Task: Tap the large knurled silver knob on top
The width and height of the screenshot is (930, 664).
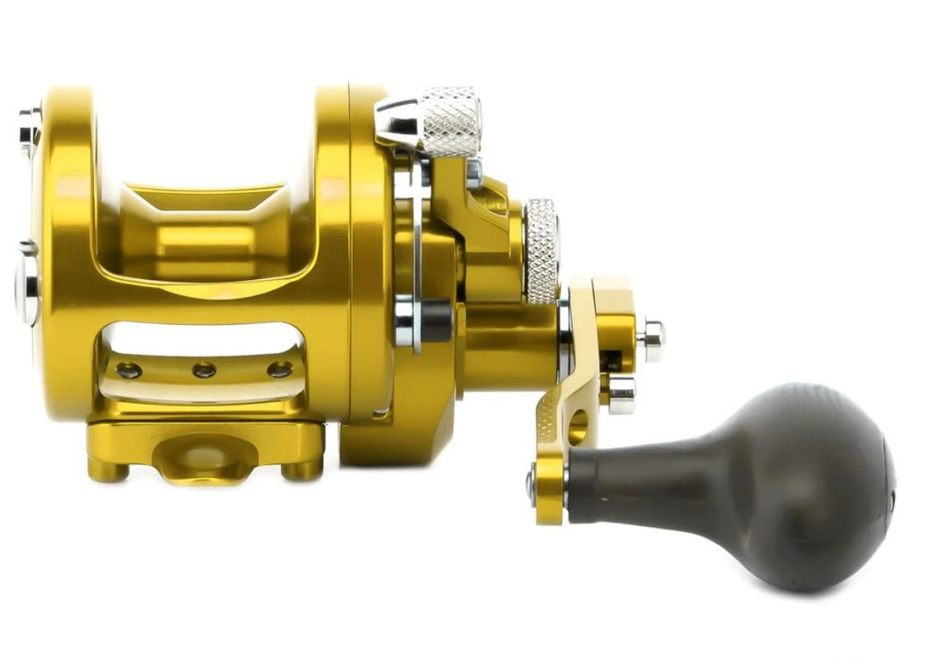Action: [x=450, y=121]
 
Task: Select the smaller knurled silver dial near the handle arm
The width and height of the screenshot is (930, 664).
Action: [x=542, y=251]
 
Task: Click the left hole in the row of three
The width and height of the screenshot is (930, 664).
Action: [x=128, y=370]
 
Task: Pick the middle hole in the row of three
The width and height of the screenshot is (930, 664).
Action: [x=204, y=370]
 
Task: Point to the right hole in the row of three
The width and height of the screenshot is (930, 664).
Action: [x=279, y=370]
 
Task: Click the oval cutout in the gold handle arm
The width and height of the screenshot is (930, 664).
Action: [x=578, y=427]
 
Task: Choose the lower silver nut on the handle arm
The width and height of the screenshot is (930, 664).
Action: [x=621, y=394]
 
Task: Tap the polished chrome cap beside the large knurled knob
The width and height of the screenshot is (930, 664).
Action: [x=396, y=121]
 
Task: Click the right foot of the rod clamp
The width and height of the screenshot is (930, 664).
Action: [x=301, y=469]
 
